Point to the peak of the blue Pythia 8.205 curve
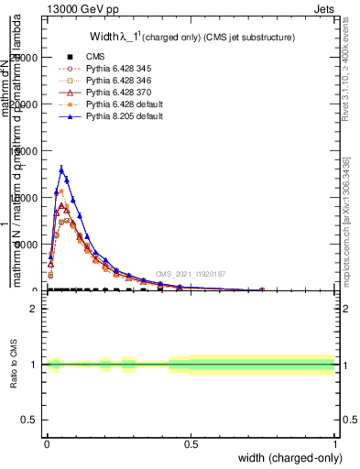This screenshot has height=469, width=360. pyautogui.click(x=61, y=169)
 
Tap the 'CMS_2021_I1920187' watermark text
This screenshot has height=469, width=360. pyautogui.click(x=190, y=274)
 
